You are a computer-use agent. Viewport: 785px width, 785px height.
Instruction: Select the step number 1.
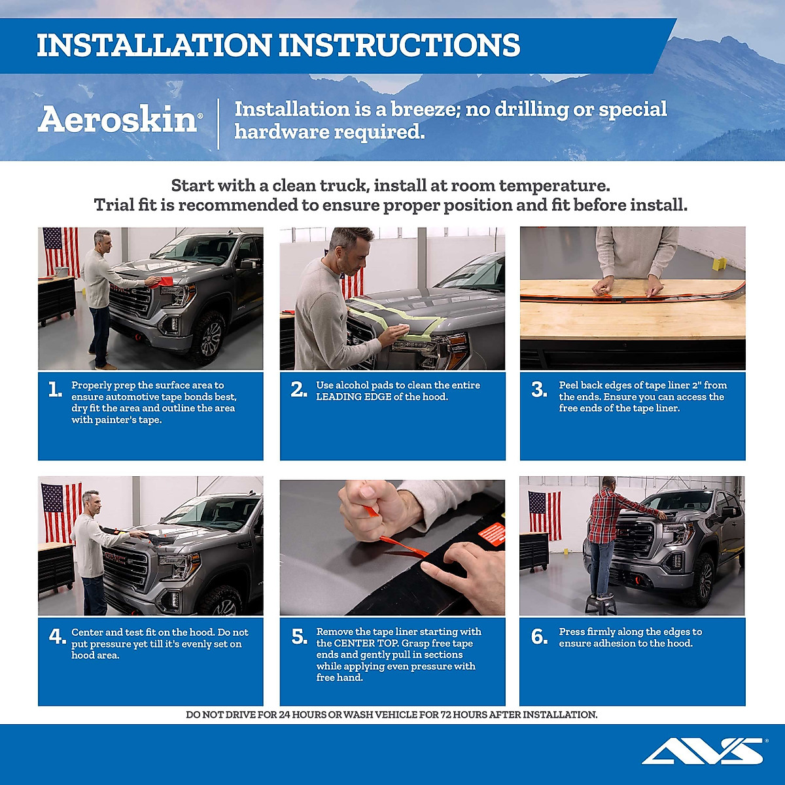(55, 390)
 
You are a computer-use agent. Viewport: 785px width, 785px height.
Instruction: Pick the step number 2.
(298, 390)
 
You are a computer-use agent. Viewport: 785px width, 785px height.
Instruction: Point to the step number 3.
(539, 390)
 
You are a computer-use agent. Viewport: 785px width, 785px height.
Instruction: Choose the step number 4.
(57, 637)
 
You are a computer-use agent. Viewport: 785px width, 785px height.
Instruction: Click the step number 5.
(299, 637)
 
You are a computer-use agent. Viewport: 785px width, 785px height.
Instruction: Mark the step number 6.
(539, 637)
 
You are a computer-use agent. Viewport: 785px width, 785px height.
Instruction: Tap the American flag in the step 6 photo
(544, 514)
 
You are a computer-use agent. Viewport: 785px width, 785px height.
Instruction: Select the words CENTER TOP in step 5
(364, 643)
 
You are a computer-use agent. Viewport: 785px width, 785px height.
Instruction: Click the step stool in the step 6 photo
(601, 604)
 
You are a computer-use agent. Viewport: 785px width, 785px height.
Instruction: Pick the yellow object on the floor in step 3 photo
(720, 264)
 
